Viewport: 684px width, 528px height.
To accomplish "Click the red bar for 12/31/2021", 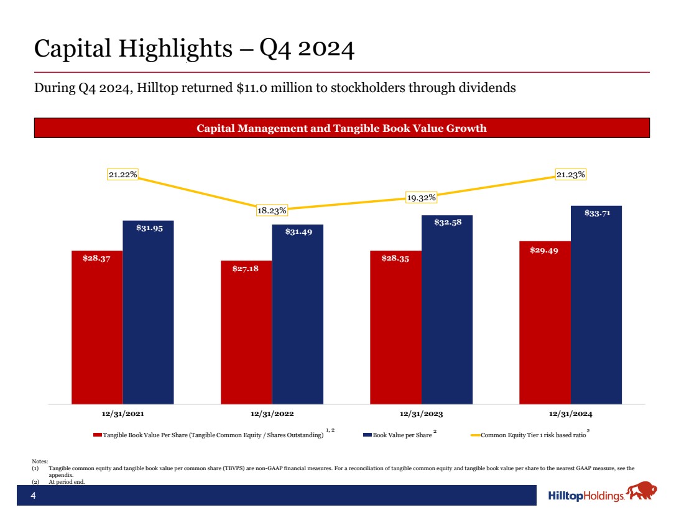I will (97, 327).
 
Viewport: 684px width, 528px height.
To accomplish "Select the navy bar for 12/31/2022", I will (297, 314).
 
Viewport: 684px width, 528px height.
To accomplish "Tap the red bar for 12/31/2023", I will (395, 327).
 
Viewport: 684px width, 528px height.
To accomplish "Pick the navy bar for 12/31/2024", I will (596, 305).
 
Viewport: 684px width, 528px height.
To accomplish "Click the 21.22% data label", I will (123, 175).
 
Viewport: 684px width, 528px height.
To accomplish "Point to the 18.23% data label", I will (272, 210).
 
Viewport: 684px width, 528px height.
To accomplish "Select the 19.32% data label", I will (421, 197).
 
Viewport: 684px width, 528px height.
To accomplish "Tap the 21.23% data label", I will (570, 175).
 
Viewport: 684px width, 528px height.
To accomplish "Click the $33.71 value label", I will (596, 213).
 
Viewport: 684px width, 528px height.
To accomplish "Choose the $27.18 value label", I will (246, 268).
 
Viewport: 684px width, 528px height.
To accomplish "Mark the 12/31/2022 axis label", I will (272, 413).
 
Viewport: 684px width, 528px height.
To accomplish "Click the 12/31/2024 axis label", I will (571, 413).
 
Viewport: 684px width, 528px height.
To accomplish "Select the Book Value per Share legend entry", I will (402, 435).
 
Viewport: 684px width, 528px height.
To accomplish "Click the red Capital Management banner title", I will (341, 128).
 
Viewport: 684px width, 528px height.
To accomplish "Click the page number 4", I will (34, 496).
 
